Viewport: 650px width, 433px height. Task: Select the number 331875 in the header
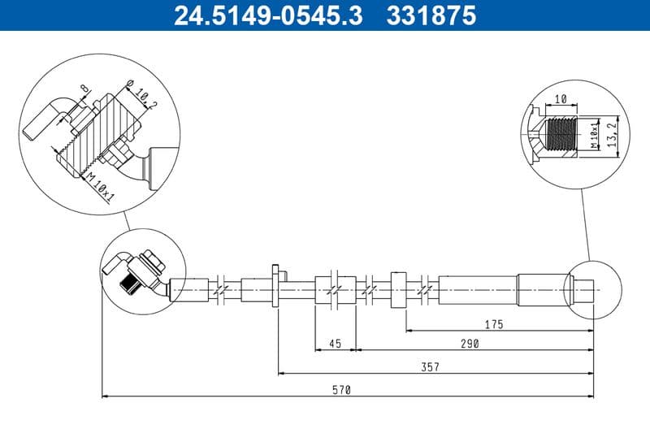(430, 15)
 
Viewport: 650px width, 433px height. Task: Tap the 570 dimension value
(342, 390)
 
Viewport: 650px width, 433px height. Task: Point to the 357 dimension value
(430, 367)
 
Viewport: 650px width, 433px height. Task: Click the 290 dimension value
(469, 344)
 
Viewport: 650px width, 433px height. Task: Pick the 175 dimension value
(493, 324)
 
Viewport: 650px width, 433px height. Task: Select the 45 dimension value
(335, 344)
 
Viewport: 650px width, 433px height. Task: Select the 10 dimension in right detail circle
(560, 100)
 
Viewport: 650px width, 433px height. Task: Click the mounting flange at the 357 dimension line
(276, 286)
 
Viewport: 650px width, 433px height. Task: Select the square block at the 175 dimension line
(398, 289)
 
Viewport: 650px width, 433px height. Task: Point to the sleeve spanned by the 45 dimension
(335, 290)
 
